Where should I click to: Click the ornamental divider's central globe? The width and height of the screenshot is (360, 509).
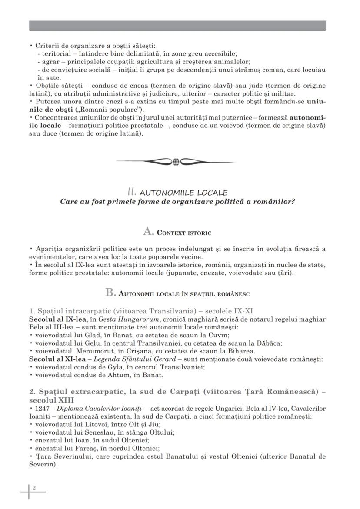pyautogui.click(x=176, y=162)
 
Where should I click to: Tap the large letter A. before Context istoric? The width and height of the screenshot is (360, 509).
pyautogui.click(x=149, y=232)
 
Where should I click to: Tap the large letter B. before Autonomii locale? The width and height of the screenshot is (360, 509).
pyautogui.click(x=110, y=293)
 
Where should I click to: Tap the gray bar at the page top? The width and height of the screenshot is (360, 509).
pyautogui.click(x=177, y=26)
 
